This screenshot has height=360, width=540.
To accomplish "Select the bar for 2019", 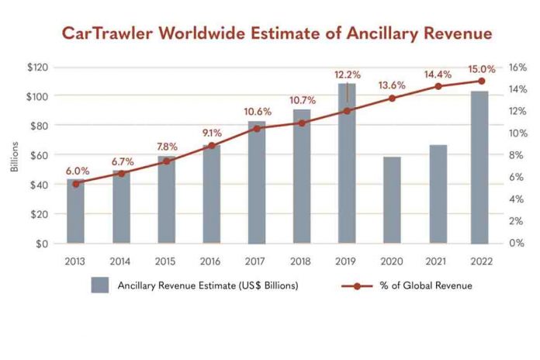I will pos(346,164).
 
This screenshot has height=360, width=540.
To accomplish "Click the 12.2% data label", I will pos(347,74).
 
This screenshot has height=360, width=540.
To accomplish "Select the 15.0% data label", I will pos(481,68).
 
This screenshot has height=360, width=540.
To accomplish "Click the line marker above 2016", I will pos(211,145).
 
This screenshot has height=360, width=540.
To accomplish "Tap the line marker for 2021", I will pos(438,86).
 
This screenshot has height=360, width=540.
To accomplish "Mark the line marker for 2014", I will pos(121,174).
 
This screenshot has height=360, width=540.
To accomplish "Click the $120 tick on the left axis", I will pos(37,67).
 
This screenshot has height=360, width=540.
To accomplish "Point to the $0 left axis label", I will pos(42,244).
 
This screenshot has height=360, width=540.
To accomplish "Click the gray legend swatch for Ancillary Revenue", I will pos(100,285).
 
